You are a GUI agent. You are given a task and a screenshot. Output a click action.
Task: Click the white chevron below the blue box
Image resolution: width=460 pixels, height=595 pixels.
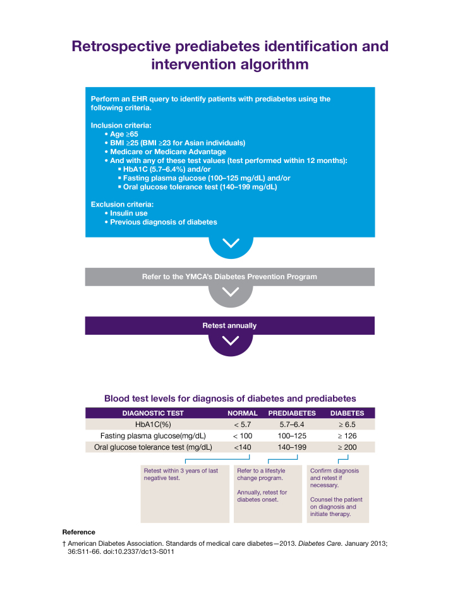click(x=231, y=243)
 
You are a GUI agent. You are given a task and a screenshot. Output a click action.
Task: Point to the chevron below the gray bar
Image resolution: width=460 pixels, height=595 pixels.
click(x=231, y=291)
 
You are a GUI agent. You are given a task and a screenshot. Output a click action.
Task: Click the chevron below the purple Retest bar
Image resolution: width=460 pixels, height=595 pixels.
click(x=231, y=340)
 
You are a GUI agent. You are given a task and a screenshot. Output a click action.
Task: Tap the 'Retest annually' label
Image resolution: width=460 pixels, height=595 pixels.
click(x=229, y=325)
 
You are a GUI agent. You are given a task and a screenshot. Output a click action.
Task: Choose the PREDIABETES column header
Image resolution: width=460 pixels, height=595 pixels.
click(x=292, y=413)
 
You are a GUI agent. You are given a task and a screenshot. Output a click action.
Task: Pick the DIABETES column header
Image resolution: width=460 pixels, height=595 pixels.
click(x=348, y=413)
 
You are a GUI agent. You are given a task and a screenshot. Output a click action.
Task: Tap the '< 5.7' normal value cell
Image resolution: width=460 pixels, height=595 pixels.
click(x=243, y=424)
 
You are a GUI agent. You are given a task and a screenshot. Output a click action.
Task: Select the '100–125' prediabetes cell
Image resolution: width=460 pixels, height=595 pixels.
click(x=292, y=436)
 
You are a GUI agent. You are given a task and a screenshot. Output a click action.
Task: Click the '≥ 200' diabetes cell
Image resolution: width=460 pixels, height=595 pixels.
click(x=348, y=447)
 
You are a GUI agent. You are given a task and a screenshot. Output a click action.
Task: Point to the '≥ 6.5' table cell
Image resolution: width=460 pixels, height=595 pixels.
click(x=348, y=424)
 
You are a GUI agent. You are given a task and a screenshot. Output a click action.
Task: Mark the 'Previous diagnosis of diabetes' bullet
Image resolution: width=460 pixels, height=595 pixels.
click(x=163, y=222)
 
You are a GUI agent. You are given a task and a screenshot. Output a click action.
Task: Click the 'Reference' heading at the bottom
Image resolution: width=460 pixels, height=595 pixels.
click(x=78, y=532)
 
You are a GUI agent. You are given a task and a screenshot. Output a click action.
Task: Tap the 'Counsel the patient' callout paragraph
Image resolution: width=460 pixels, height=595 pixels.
click(x=336, y=507)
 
